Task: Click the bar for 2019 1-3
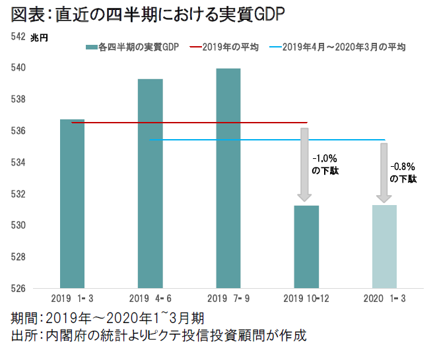click(72, 204)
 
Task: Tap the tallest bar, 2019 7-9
click(228, 178)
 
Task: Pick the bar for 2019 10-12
click(306, 247)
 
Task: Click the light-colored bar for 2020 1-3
click(384, 247)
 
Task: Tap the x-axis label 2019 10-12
click(306, 299)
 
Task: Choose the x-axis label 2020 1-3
click(384, 299)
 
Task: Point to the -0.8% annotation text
click(402, 167)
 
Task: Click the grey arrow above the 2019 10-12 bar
click(305, 165)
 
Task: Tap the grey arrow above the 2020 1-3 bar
click(384, 173)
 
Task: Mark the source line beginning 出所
click(158, 336)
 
